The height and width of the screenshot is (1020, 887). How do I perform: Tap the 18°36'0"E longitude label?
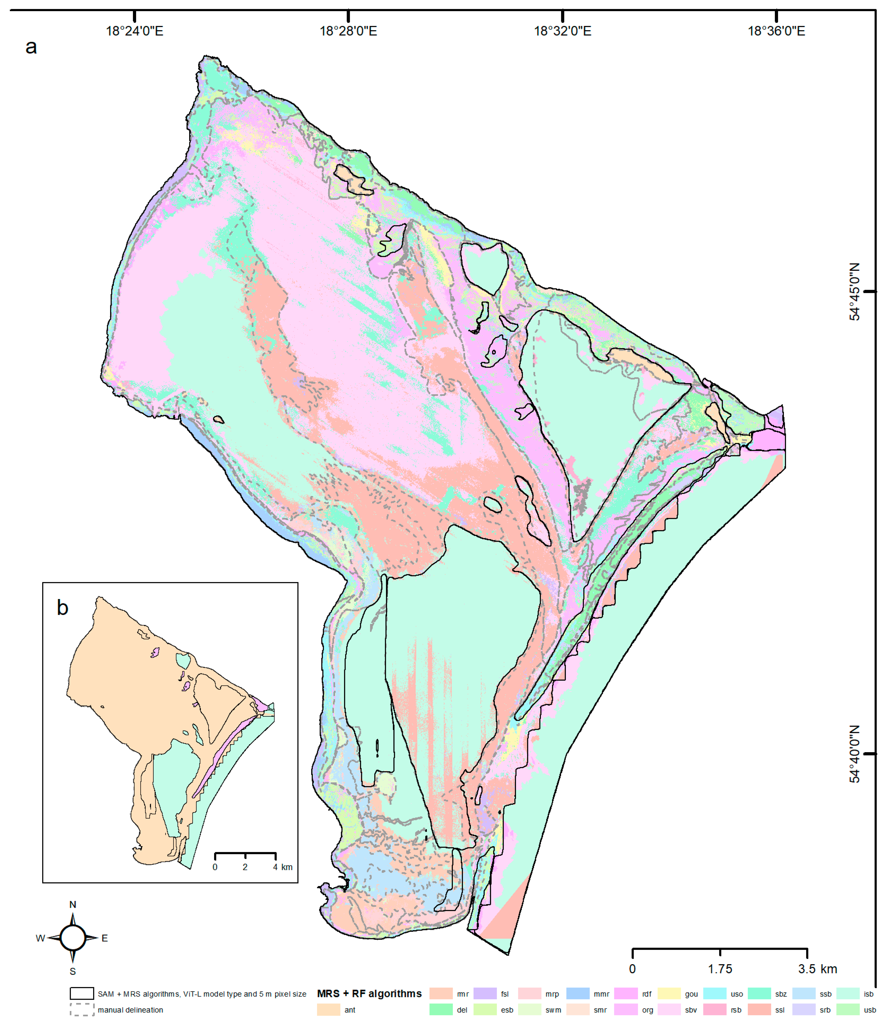[776, 31]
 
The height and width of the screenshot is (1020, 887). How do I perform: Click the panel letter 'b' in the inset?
[62, 608]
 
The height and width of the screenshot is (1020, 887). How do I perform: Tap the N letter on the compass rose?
[73, 905]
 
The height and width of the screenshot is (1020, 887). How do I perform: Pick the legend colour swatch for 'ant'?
[329, 1010]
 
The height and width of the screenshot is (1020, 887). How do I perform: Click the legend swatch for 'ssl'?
[759, 1010]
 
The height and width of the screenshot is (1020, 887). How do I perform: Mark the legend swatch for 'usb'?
[848, 1010]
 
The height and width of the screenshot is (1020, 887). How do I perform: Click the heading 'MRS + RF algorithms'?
[369, 994]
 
